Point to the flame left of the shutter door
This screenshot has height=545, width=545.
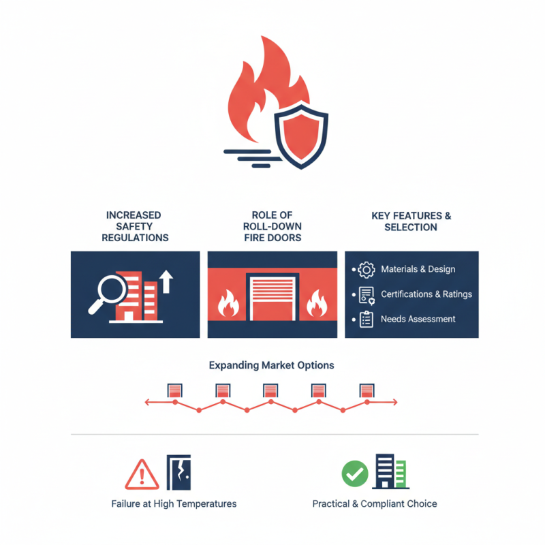tap(227, 305)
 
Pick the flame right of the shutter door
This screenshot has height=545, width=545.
tap(317, 305)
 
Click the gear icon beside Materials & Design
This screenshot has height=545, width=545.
tap(367, 270)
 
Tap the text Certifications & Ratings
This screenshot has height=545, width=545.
tap(426, 294)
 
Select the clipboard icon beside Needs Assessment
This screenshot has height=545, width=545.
tap(367, 319)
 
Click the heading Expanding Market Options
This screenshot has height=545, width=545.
tap(271, 365)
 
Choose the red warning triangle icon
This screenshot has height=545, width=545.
tap(142, 474)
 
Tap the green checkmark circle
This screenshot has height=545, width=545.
tap(354, 473)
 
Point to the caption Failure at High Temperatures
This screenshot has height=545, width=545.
tap(174, 504)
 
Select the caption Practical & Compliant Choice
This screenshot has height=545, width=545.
tap(375, 504)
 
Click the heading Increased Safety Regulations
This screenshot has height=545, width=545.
tap(135, 226)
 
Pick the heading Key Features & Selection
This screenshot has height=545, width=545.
tap(411, 221)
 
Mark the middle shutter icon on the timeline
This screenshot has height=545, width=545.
tap(270, 390)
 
